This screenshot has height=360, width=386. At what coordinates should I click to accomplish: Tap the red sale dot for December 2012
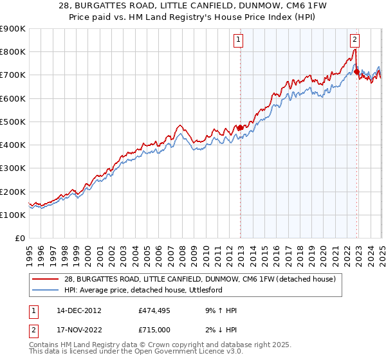(240, 127)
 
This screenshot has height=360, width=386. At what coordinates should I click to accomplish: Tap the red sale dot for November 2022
(357, 71)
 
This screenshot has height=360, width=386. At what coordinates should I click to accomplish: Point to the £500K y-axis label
(12, 122)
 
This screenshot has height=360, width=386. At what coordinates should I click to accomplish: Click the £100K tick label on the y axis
(12, 215)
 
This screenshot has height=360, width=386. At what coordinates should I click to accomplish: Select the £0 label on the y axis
(19, 239)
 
